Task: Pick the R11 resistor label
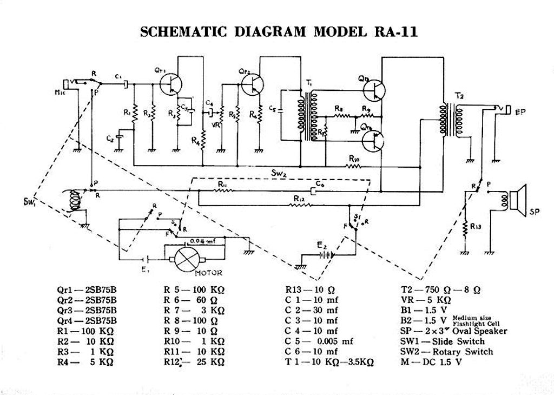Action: [x=222, y=185]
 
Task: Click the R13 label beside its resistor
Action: [x=476, y=227]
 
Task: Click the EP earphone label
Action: [x=521, y=112]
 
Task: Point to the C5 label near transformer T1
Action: [x=272, y=110]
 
